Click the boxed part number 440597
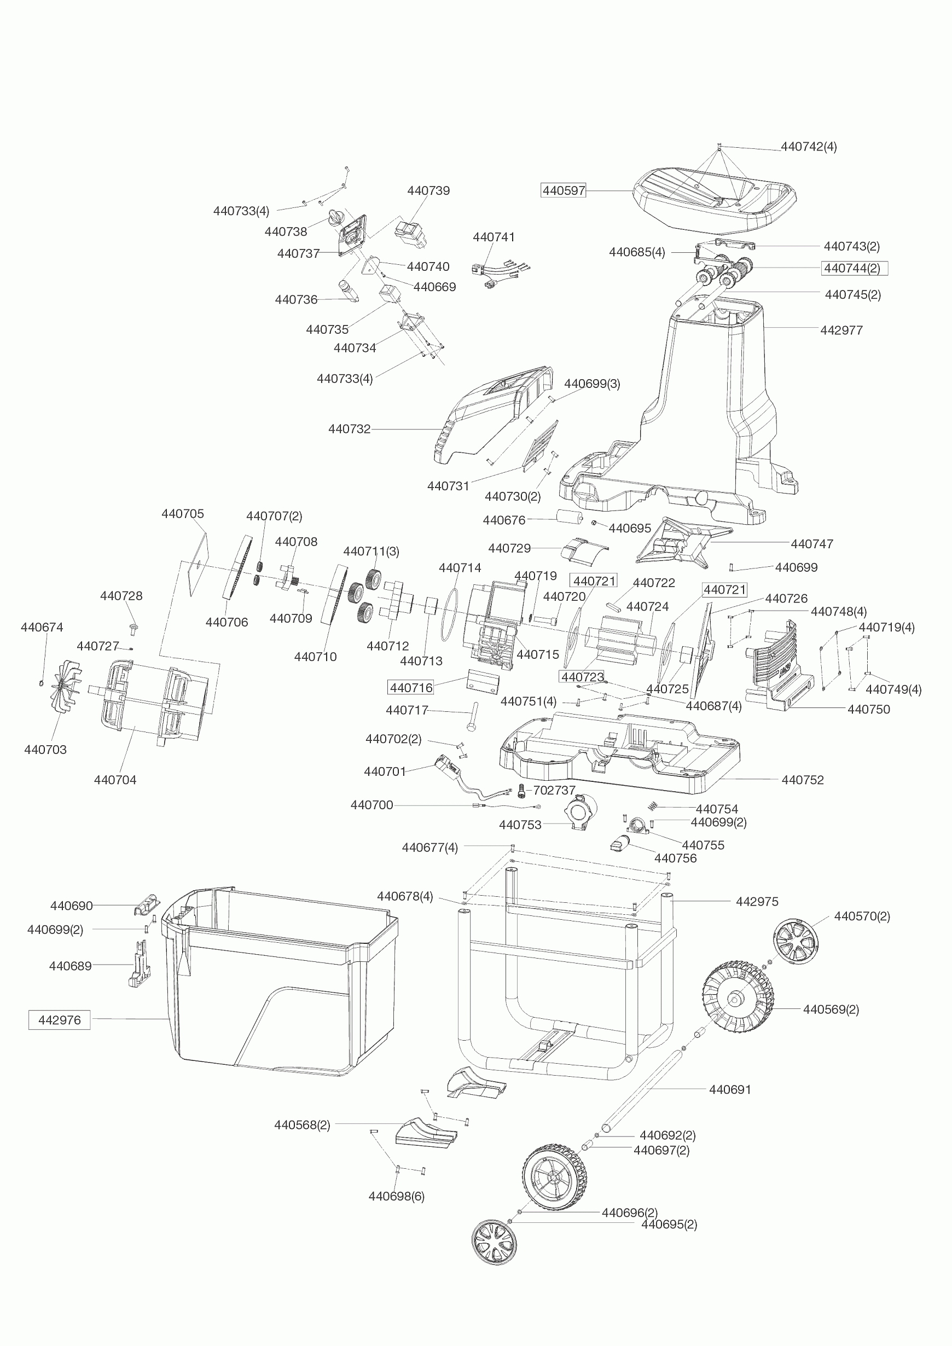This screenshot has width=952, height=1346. coord(564,190)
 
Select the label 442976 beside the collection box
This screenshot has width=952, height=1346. coord(59,1020)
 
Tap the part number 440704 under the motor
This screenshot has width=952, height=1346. coord(115,780)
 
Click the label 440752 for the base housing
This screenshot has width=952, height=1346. coord(803,780)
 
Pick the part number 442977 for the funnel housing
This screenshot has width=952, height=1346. coord(841,330)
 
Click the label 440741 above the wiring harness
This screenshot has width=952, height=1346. coord(494,237)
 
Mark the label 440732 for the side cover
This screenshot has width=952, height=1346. coord(350,429)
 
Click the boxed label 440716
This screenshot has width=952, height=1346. coord(411,688)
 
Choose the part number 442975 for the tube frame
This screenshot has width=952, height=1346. coord(757,902)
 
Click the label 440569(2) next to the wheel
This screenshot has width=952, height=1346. coord(831,1009)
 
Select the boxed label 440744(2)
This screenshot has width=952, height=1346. coord(853,269)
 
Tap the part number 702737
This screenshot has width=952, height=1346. coord(554,790)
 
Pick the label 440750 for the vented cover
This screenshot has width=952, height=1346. coord(868,709)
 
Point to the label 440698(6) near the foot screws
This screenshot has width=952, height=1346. coord(396,1196)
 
